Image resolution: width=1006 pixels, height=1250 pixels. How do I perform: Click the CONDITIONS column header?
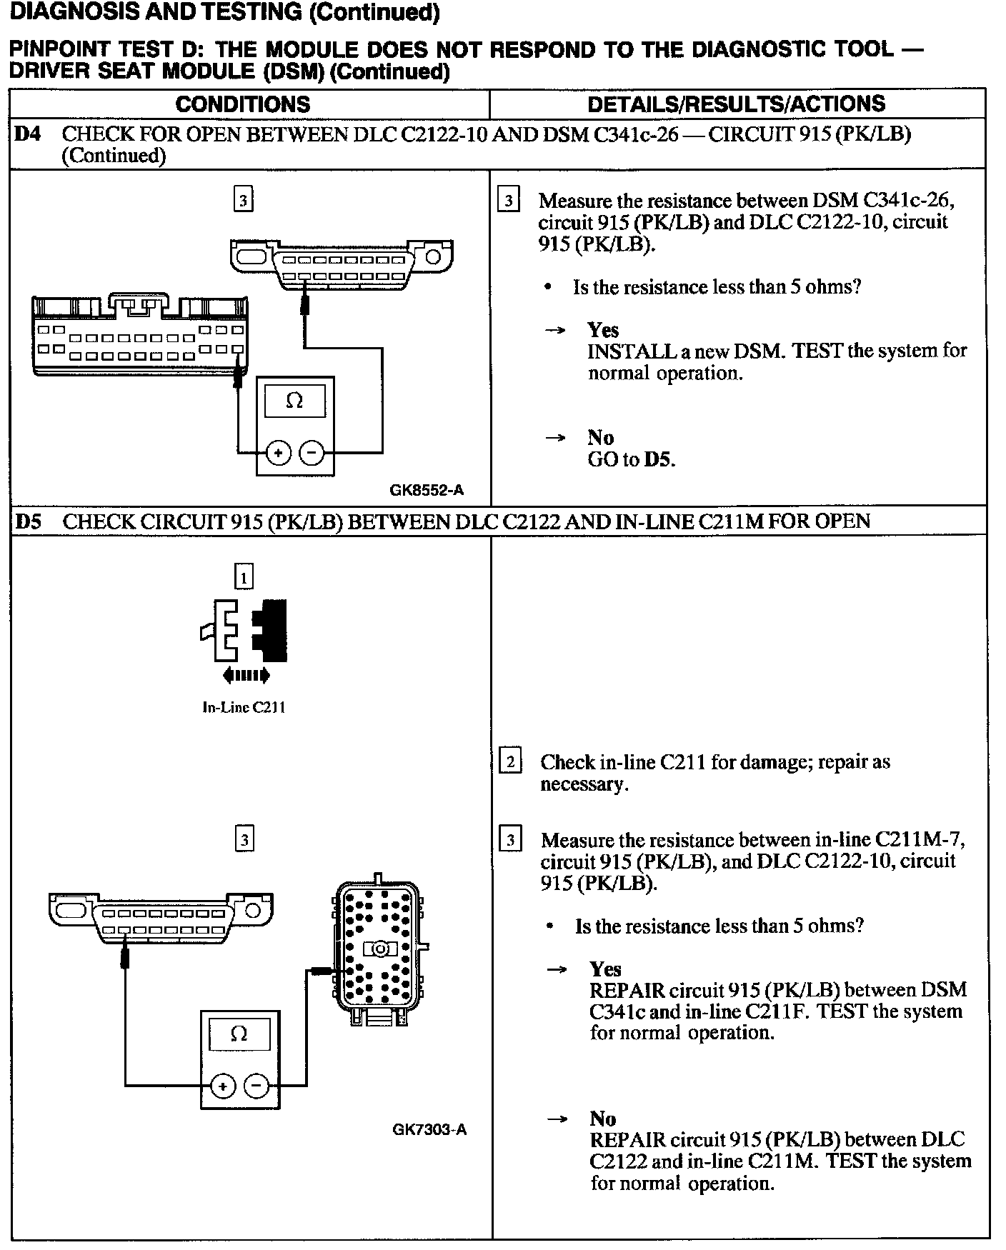[243, 104]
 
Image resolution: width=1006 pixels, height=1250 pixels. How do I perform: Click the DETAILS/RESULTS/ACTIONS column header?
[736, 104]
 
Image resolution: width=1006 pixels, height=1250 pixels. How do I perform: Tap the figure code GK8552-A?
[427, 490]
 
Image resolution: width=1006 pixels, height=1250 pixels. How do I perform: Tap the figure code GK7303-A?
[429, 1129]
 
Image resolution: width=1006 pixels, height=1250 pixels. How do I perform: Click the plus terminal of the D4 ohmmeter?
[279, 453]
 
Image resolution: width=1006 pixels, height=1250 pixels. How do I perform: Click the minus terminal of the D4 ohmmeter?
[312, 453]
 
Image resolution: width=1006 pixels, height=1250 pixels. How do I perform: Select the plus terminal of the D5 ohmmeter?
[223, 1086]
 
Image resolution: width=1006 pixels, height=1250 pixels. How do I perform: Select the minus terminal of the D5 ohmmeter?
[257, 1086]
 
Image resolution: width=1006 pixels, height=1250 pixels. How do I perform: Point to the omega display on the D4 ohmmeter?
[294, 401]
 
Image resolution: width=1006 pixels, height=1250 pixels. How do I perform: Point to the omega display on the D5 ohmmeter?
[239, 1034]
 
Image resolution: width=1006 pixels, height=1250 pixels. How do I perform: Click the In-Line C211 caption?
[244, 707]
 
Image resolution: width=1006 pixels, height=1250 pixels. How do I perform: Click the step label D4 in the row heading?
[27, 134]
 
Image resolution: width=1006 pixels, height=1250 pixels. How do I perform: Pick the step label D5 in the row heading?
[27, 521]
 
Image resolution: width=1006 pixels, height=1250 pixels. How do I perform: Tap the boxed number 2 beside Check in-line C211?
[510, 762]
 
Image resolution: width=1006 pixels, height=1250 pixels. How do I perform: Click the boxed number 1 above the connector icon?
[244, 576]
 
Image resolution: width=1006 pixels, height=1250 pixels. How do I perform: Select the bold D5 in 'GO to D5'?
[659, 459]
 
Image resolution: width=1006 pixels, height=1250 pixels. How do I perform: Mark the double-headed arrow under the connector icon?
[246, 674]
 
